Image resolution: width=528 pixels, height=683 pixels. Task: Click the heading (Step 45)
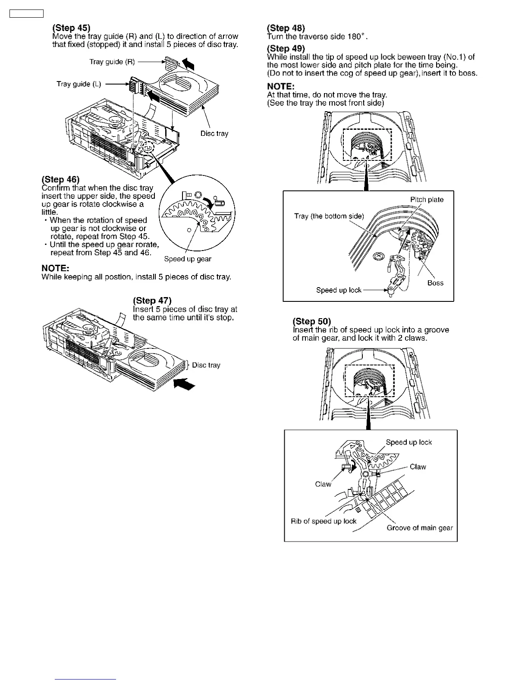tap(71, 28)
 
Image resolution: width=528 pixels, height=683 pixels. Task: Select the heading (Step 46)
tap(60, 179)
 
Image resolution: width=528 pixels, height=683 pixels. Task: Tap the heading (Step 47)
tap(152, 301)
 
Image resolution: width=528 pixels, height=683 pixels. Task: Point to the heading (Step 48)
tap(286, 28)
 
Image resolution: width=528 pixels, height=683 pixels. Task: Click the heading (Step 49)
tap(286, 48)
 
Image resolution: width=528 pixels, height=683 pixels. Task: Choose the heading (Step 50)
tap(312, 321)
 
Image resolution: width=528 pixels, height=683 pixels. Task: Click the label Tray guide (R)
tap(112, 62)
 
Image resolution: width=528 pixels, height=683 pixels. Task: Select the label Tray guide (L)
tap(79, 84)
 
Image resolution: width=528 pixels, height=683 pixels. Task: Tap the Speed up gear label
tap(188, 259)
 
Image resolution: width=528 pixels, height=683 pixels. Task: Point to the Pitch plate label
tap(427, 199)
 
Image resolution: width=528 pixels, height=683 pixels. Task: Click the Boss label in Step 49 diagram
tap(435, 283)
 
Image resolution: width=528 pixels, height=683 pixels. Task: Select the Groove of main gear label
tap(420, 528)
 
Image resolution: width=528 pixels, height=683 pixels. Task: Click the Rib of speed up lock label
tap(324, 521)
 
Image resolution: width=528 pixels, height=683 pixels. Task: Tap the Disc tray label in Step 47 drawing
tap(206, 365)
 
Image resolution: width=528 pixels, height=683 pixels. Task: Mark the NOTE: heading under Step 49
tap(280, 86)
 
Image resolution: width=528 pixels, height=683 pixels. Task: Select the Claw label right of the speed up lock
tap(418, 467)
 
